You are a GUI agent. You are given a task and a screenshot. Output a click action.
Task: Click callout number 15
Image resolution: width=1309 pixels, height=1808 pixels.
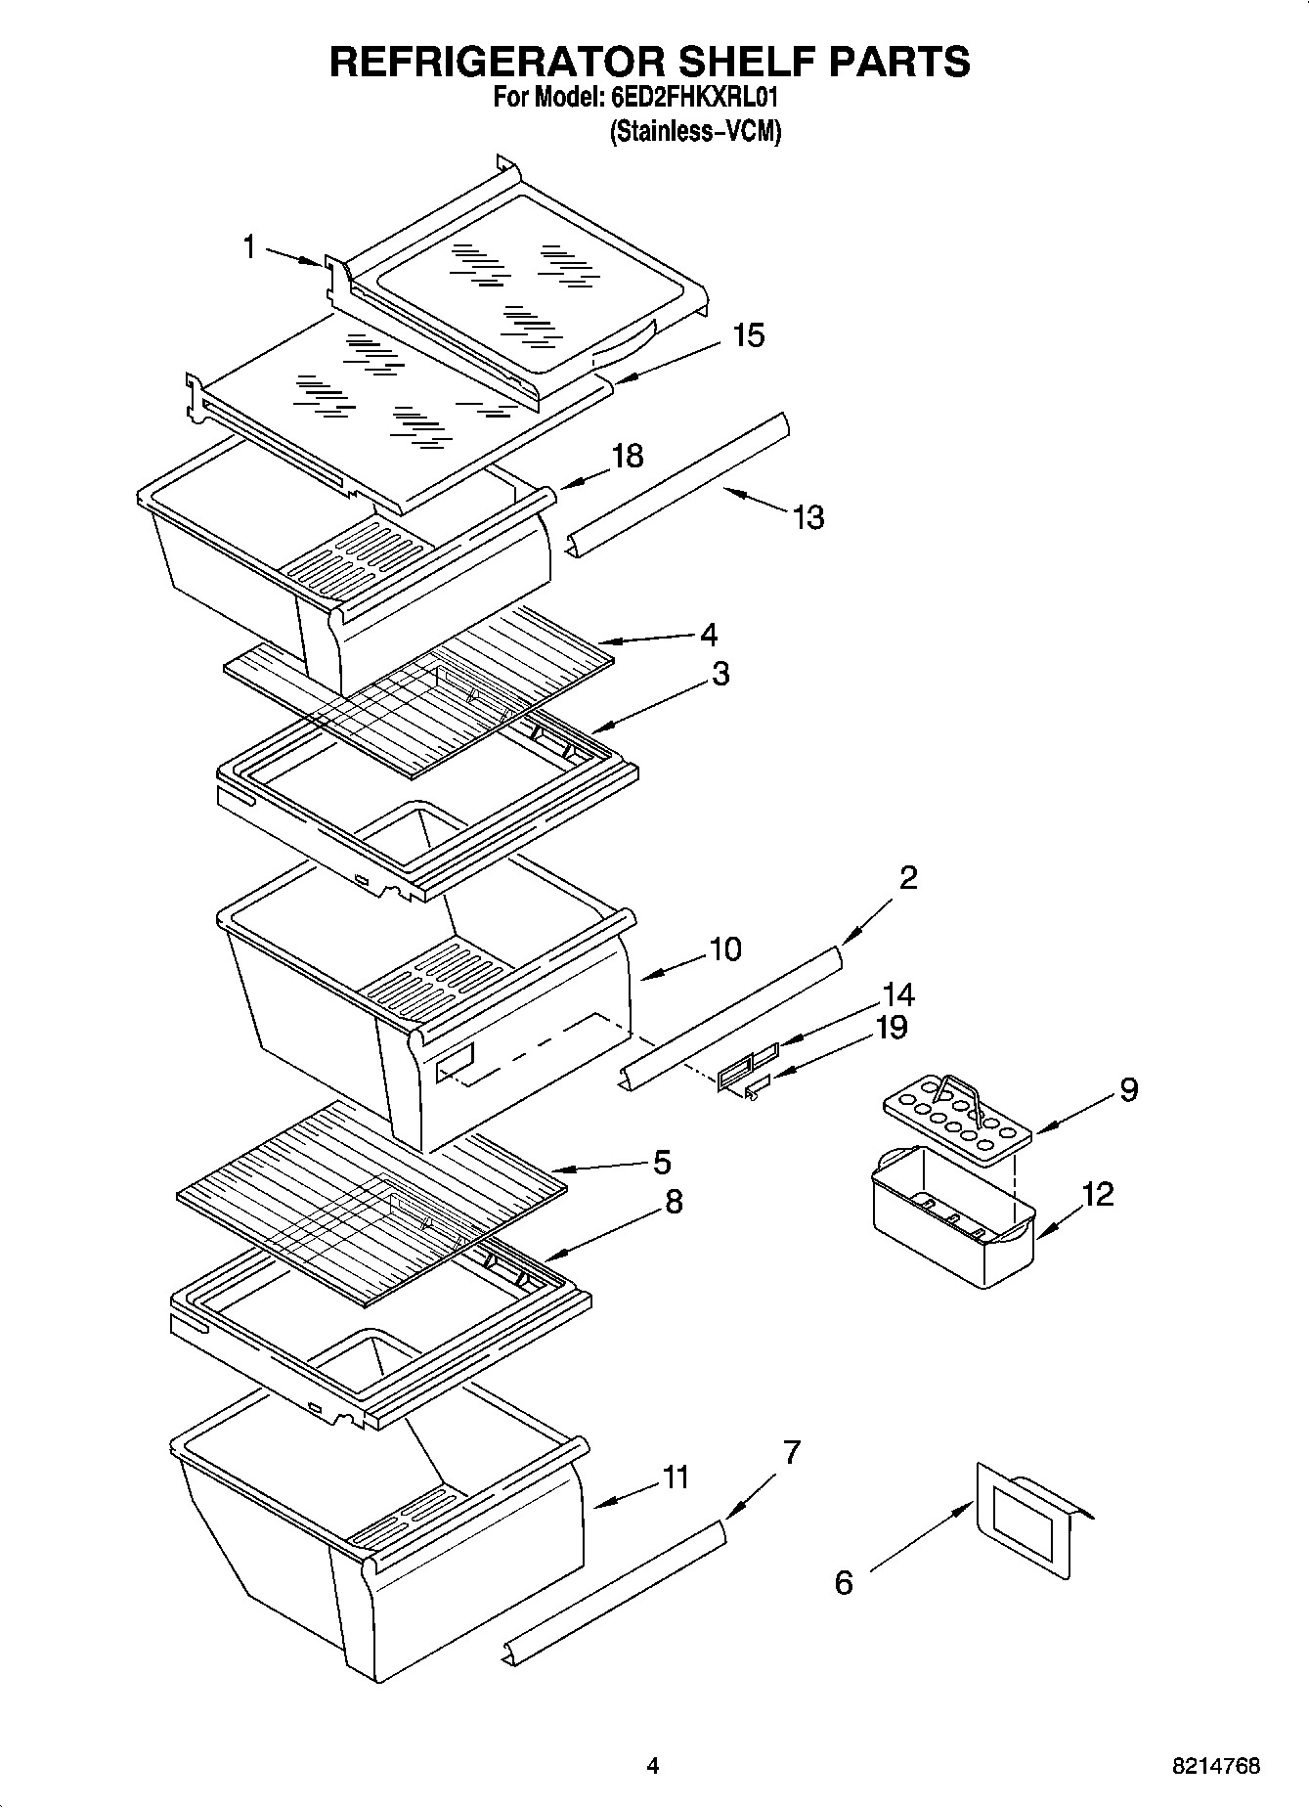(748, 335)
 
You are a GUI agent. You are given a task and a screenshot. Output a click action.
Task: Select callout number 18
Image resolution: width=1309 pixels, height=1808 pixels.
(628, 456)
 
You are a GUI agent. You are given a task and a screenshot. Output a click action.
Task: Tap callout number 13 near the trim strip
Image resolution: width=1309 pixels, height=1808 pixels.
(808, 517)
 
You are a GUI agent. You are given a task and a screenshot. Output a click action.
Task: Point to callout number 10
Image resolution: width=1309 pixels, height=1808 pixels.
(725, 948)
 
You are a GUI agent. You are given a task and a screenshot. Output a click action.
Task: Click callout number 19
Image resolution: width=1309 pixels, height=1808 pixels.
(891, 1028)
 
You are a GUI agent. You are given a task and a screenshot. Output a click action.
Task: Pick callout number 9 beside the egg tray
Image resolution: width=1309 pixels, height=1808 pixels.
(1128, 1089)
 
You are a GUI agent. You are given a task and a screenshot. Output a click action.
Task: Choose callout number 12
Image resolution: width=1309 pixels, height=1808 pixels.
(1098, 1194)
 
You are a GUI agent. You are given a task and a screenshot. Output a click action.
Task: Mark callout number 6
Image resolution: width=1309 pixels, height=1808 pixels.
(844, 1582)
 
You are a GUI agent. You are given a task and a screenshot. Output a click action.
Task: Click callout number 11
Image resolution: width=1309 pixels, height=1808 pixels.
(676, 1477)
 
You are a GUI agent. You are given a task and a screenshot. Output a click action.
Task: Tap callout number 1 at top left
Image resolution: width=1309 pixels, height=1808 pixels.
(249, 247)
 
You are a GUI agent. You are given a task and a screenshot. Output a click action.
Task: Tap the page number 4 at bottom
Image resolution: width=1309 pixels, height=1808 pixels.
(653, 1766)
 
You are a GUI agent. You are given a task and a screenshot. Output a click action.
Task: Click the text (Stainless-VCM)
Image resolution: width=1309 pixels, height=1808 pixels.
(695, 132)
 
